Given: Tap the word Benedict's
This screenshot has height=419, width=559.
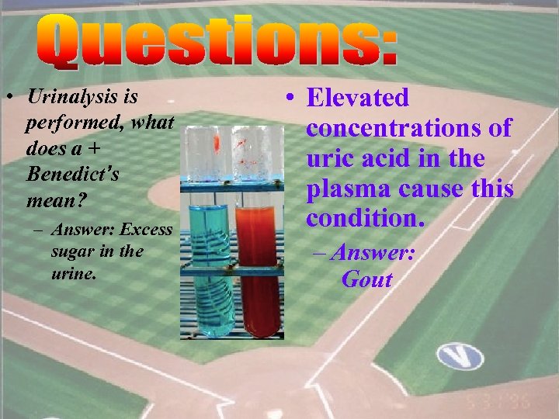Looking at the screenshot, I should click(72, 174).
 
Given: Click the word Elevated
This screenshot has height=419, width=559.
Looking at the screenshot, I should click(357, 98).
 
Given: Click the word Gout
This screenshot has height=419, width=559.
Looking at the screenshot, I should click(366, 279).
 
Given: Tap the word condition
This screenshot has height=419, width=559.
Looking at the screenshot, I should click(365, 219).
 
